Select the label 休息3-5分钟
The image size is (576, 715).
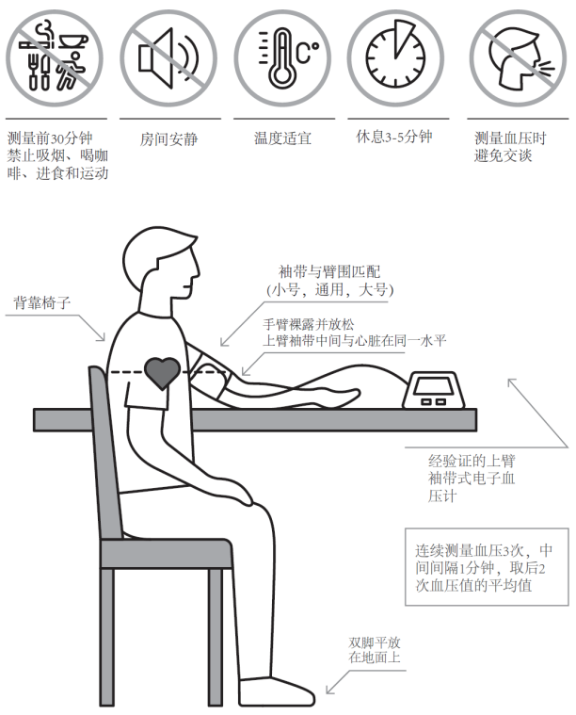click(395, 137)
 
